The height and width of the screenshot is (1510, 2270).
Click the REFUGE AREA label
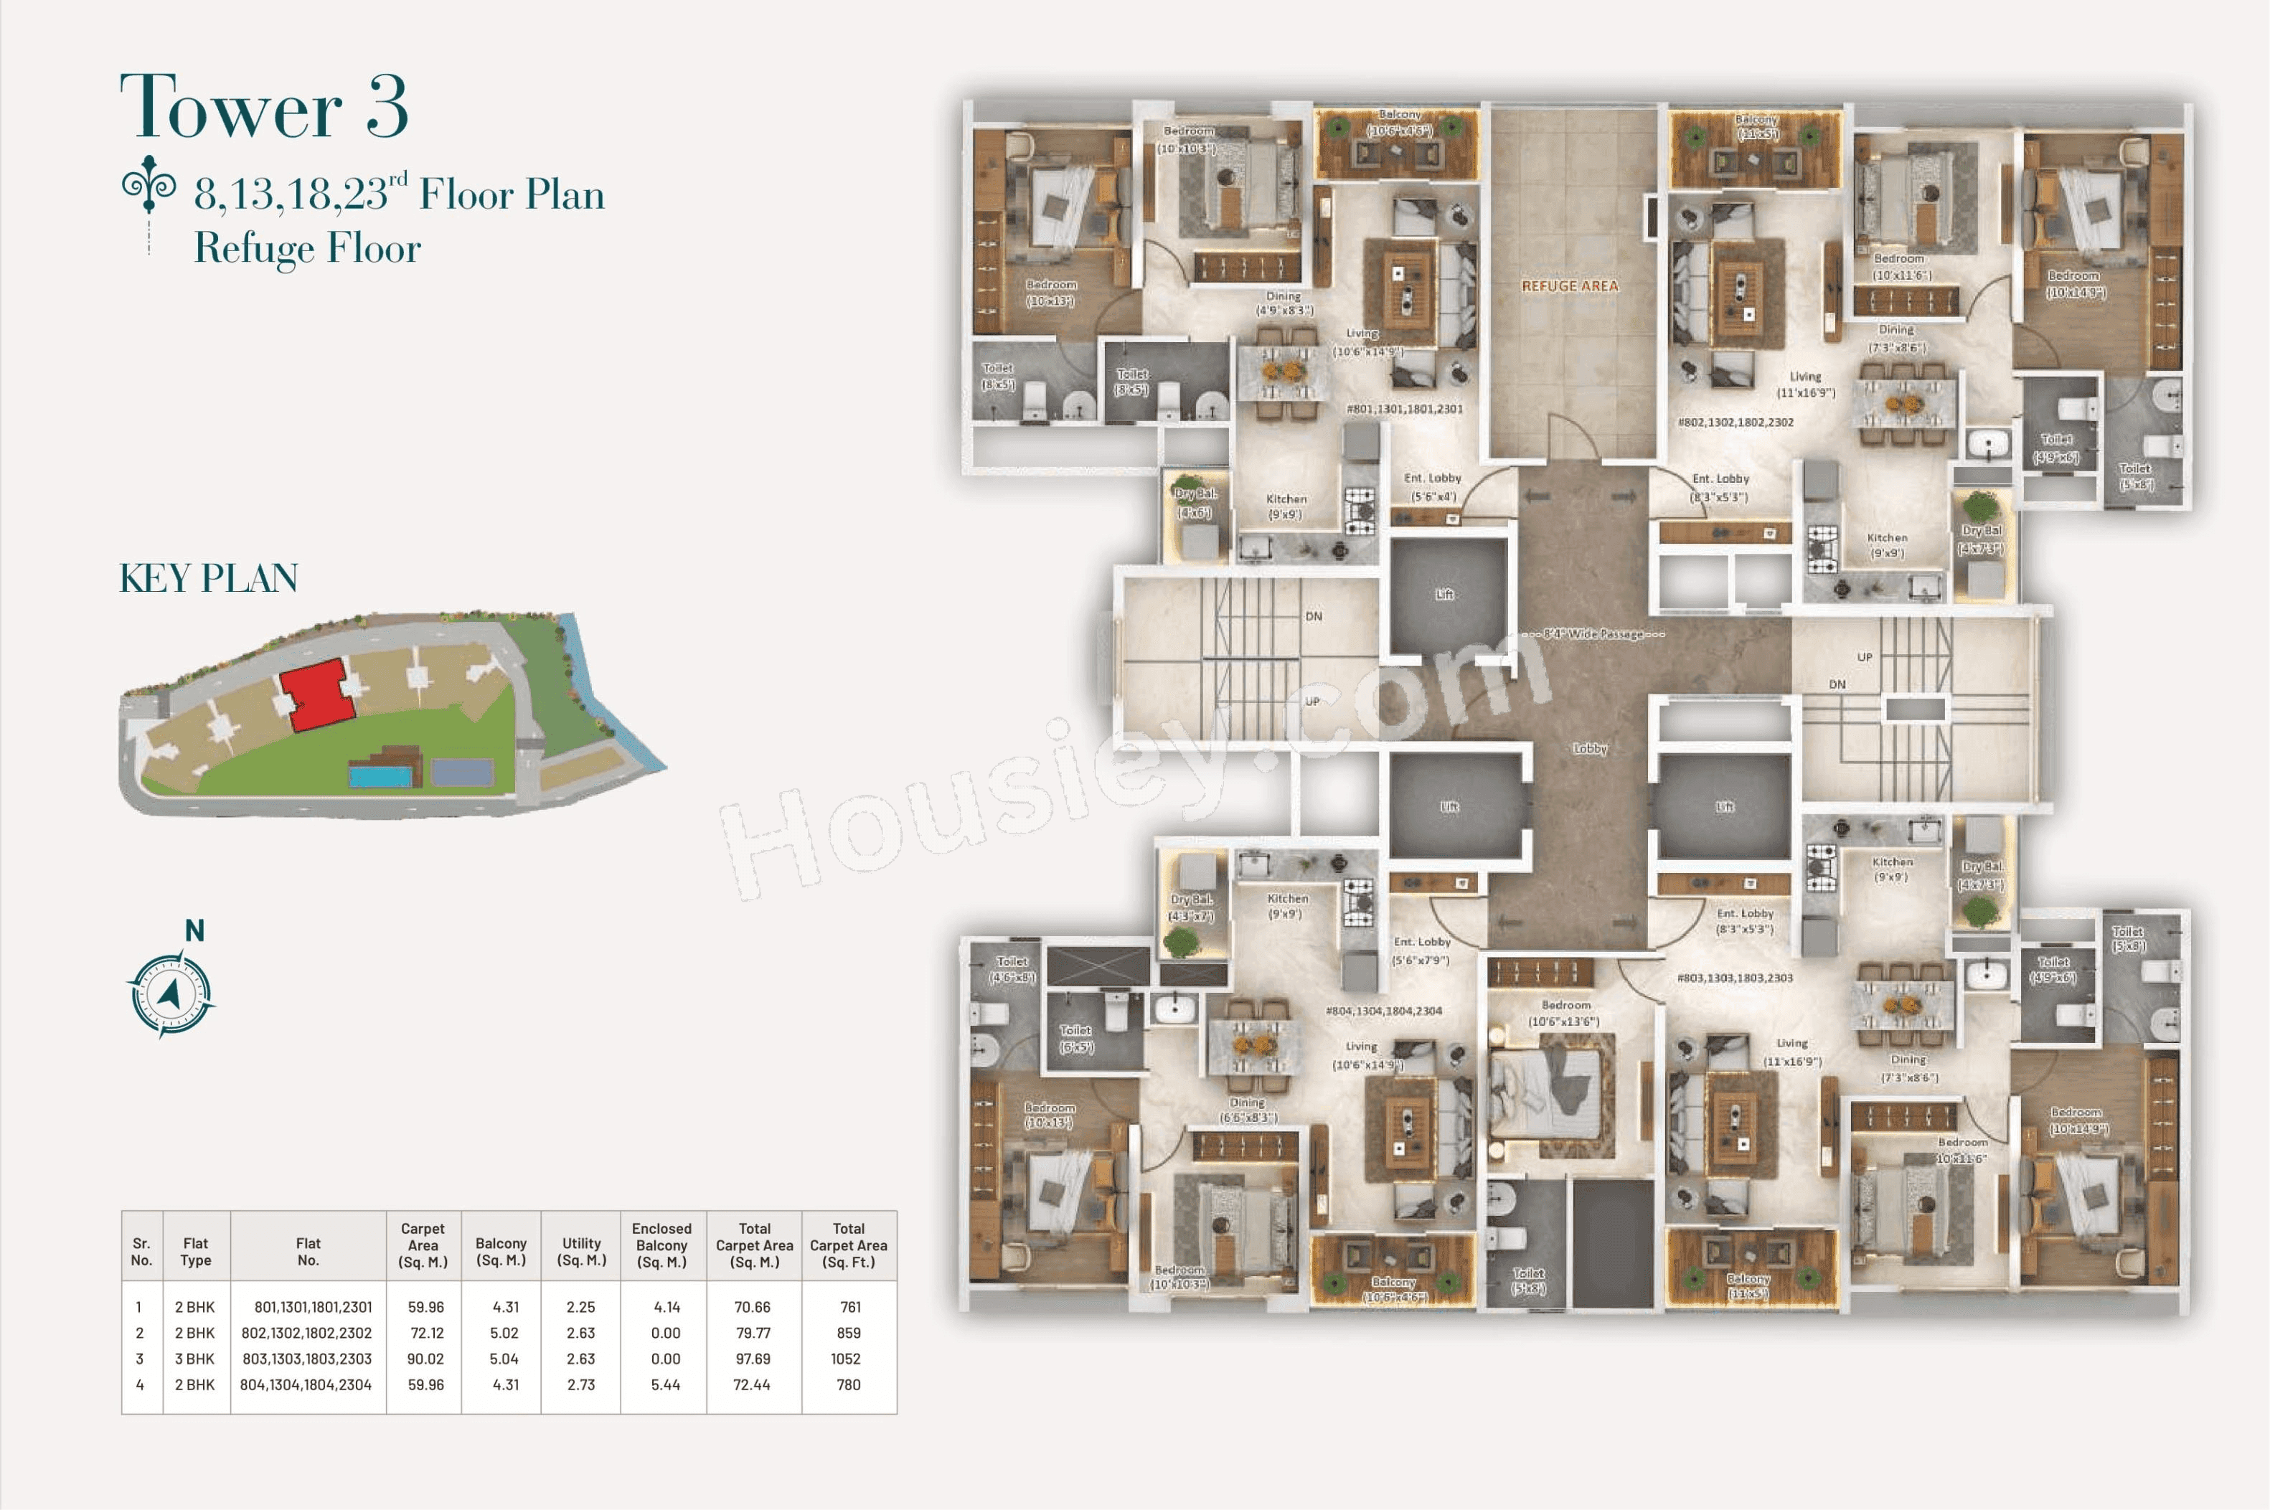pyautogui.click(x=1569, y=286)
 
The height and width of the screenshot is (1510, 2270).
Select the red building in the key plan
pyautogui.click(x=316, y=694)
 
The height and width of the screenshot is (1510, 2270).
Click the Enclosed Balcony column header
pyautogui.click(x=661, y=1244)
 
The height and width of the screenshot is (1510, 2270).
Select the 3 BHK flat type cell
pyautogui.click(x=196, y=1359)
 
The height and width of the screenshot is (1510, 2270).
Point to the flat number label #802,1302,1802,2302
pyautogui.click(x=1735, y=422)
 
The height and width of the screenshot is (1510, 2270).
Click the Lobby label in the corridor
pyautogui.click(x=1589, y=748)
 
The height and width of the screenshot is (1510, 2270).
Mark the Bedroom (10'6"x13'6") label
pyautogui.click(x=1564, y=1013)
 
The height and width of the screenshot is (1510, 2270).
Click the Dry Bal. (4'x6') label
pyautogui.click(x=1195, y=503)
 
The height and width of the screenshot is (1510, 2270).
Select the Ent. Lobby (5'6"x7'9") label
pyautogui.click(x=1421, y=950)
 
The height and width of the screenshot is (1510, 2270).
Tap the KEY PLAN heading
pyautogui.click(x=208, y=577)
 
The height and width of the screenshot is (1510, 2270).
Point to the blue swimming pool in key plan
pyautogui.click(x=379, y=774)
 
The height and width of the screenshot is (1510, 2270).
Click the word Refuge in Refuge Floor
pyautogui.click(x=255, y=248)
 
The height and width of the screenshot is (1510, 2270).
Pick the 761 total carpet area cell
pyautogui.click(x=849, y=1307)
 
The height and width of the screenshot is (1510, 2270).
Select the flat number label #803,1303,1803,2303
pyautogui.click(x=1735, y=978)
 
